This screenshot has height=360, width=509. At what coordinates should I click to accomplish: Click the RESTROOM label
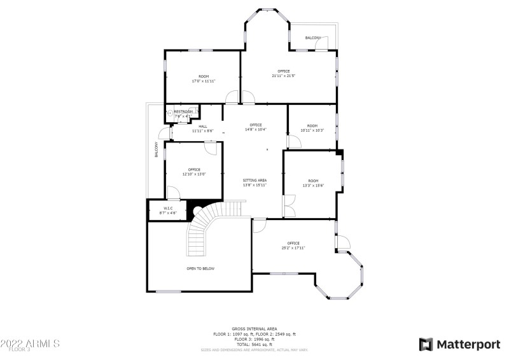coord(183,112)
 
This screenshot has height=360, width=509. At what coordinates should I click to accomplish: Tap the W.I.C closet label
coord(169,208)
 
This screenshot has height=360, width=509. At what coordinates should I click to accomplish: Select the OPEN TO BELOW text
coord(200,268)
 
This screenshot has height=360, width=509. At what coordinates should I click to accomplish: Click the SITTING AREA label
coord(254,181)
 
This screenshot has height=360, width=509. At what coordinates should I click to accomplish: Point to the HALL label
coord(203,127)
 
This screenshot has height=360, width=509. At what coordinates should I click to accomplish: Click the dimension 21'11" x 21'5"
coord(284,76)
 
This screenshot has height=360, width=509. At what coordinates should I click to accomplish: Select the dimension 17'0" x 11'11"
coord(204,81)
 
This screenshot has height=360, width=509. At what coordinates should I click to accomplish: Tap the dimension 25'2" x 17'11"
coord(293,247)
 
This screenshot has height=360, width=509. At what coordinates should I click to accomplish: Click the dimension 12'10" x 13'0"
coord(194,174)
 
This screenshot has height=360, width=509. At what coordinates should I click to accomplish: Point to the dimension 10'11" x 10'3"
coord(312,130)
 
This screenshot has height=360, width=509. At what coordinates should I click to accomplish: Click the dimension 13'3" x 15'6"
coord(312,185)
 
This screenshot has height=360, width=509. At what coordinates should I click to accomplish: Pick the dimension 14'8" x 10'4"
coord(256,129)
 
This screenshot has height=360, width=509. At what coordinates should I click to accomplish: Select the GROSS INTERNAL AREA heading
coord(254,329)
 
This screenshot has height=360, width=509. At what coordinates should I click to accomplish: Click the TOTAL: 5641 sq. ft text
coord(254,344)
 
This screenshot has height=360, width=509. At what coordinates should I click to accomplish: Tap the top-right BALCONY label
coord(313,38)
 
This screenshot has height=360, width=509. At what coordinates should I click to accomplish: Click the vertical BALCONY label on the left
coord(156,149)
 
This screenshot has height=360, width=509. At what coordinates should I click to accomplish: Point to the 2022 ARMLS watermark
coord(30,343)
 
